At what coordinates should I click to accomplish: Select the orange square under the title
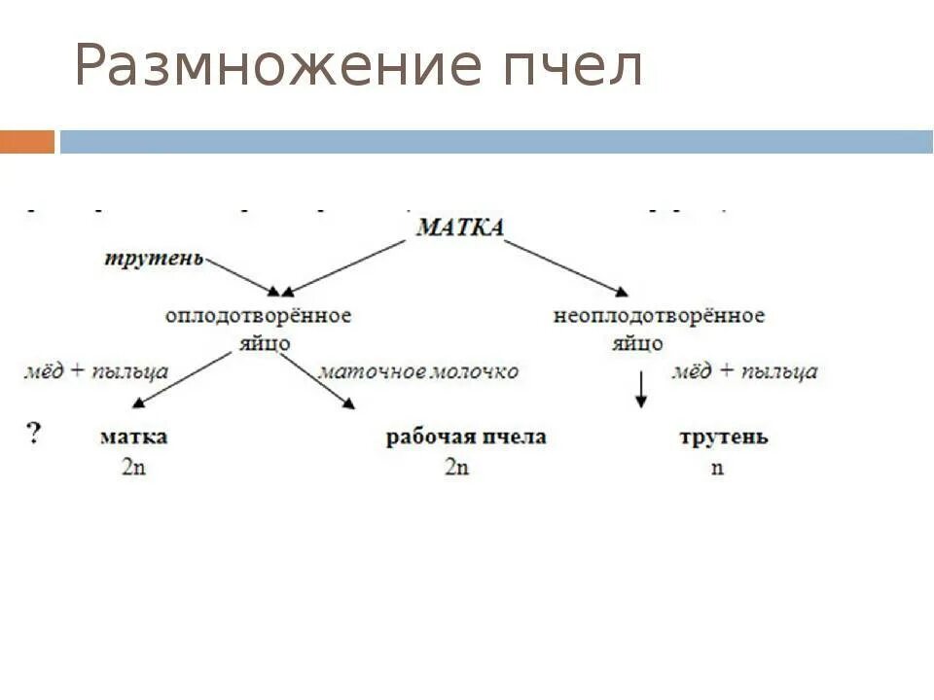(27, 142)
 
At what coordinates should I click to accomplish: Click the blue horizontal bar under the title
(496, 142)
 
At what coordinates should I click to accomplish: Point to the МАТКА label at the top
(459, 228)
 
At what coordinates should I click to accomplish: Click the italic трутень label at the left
(155, 258)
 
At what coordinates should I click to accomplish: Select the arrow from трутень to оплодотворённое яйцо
(242, 275)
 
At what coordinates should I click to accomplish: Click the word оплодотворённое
(258, 316)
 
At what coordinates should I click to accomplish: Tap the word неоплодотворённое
(659, 316)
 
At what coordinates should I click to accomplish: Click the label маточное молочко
(418, 371)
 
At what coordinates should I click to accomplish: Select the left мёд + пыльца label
(96, 371)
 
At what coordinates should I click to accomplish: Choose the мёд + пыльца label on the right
(744, 371)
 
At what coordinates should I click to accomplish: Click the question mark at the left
(35, 434)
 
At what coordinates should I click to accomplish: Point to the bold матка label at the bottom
(133, 437)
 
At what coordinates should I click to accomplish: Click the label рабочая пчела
(466, 437)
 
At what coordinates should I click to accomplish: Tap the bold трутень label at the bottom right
(723, 437)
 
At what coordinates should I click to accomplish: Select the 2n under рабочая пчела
(456, 467)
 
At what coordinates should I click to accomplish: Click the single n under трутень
(717, 467)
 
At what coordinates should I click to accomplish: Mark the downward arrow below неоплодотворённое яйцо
(641, 388)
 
